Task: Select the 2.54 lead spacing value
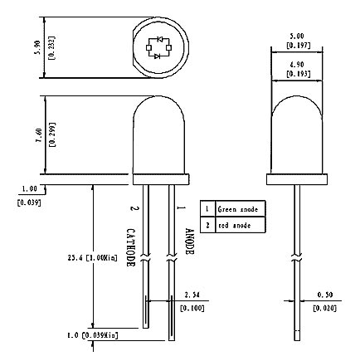(x=192, y=295)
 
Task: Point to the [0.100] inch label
(x=192, y=308)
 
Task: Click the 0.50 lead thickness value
(x=324, y=295)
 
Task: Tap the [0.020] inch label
(x=324, y=308)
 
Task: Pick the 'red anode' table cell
(x=240, y=225)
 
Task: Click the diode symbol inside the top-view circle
(x=158, y=47)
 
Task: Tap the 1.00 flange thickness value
(x=29, y=188)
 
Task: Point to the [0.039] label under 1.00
(x=29, y=202)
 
